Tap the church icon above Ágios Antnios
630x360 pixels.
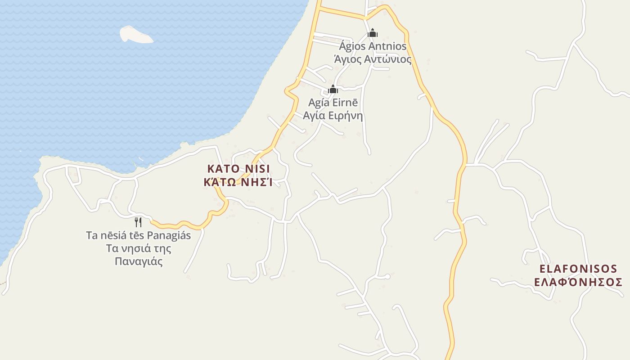click(373, 33)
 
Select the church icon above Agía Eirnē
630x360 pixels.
click(333, 89)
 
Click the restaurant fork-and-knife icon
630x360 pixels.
click(138, 222)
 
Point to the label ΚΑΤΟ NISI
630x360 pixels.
click(238, 169)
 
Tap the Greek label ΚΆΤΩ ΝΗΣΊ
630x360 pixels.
click(238, 182)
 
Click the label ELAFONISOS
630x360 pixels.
click(578, 269)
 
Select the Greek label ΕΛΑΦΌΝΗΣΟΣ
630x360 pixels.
click(578, 282)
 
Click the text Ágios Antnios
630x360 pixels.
click(373, 46)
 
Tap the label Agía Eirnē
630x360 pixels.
click(333, 103)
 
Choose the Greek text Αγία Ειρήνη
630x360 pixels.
click(333, 115)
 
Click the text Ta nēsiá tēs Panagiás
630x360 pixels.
click(138, 235)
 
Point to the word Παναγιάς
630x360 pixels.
click(138, 261)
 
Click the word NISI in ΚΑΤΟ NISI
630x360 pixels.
click(257, 169)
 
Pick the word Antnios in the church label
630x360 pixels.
click(387, 46)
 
